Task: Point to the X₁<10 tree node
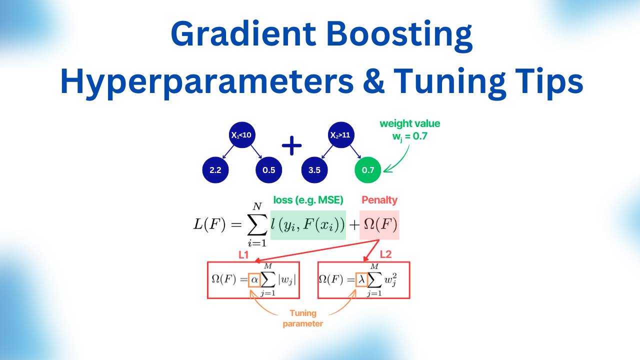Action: coord(242,135)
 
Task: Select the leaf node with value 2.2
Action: coord(215,170)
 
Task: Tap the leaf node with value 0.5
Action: coord(268,170)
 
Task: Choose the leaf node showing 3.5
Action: coord(314,170)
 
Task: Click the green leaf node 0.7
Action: coord(367,170)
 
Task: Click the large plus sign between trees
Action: coord(291,145)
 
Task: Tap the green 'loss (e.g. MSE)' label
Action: coord(308,200)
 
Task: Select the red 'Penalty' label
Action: coord(379,200)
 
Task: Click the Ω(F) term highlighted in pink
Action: coord(379,225)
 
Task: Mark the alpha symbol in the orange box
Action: coord(254,279)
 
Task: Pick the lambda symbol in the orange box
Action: coord(361,279)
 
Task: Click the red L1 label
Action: coord(243,255)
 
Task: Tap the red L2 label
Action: coord(385,255)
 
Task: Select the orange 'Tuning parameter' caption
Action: coord(303,318)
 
